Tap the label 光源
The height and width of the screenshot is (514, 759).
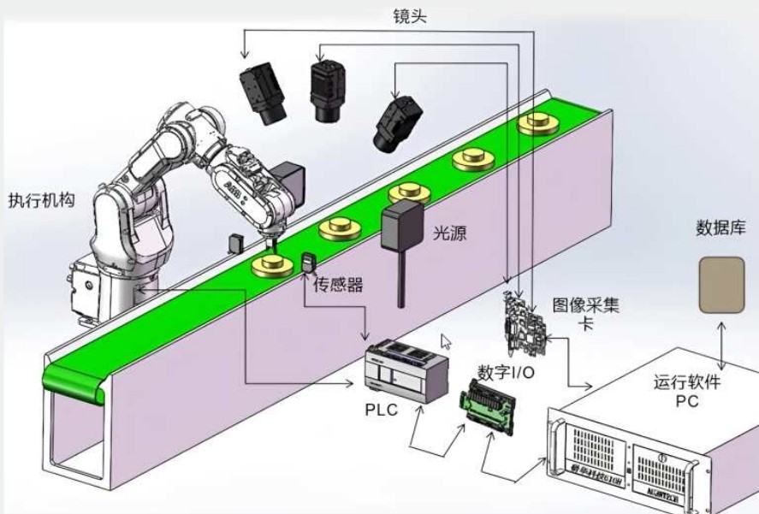click(449, 233)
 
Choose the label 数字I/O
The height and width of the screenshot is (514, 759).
click(506, 372)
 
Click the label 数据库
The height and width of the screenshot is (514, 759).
click(720, 227)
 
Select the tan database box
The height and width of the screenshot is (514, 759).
click(722, 284)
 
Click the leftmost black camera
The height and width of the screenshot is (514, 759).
click(263, 94)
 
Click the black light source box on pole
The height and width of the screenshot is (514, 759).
click(401, 226)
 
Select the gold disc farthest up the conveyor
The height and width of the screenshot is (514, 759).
click(536, 123)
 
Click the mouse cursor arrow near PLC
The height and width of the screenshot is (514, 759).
click(445, 341)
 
